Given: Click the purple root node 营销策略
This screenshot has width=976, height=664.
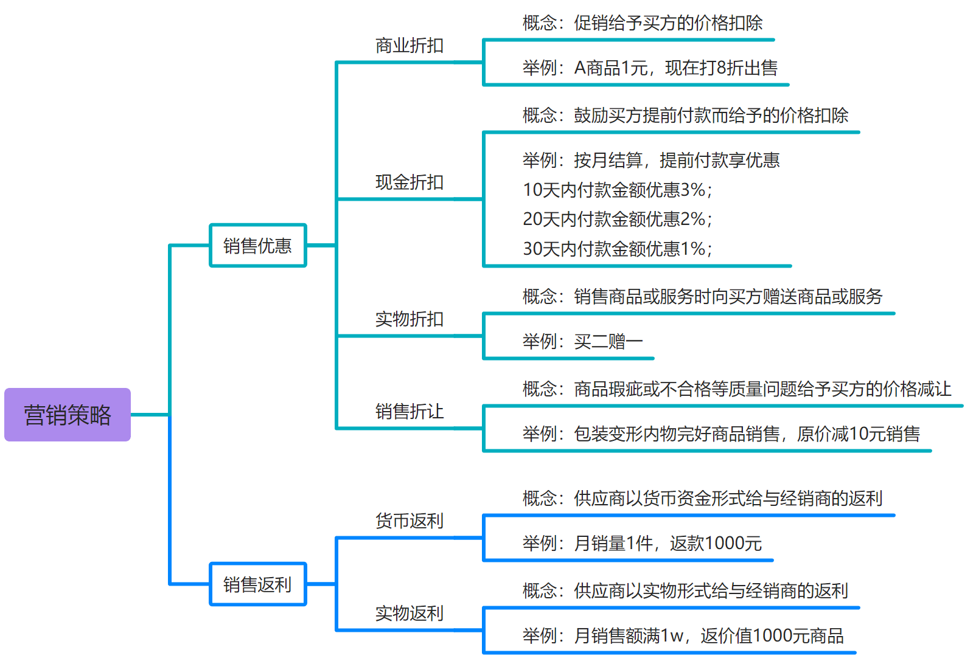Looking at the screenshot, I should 68,415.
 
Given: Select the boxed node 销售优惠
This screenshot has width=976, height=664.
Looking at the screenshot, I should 257,246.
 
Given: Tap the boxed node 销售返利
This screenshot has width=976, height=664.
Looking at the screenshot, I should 257,584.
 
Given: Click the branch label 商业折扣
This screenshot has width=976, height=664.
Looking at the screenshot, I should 409,46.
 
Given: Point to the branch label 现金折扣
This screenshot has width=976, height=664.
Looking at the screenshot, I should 409,182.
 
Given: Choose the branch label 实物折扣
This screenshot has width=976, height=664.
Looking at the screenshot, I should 409,319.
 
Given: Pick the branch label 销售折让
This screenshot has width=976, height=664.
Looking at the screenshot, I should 409,412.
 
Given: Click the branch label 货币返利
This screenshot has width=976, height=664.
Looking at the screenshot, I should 409,521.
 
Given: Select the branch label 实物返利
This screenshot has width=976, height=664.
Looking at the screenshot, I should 409,613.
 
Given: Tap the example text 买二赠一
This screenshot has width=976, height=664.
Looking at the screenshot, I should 582,342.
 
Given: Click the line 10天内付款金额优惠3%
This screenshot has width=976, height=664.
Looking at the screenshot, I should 617,190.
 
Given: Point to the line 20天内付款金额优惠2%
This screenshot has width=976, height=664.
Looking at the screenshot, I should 617,219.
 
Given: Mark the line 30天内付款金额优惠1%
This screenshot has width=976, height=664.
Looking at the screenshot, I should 617,249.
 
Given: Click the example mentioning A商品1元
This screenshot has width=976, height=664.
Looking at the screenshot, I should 650,67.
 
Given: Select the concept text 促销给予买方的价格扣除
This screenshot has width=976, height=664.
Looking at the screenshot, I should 643,23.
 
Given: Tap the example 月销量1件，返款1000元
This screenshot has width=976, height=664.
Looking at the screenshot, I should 642,543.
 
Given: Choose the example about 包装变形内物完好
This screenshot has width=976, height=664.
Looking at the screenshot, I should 721,434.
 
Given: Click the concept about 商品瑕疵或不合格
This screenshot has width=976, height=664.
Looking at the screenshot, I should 736,389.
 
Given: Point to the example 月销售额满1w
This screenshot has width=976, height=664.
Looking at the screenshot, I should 683,636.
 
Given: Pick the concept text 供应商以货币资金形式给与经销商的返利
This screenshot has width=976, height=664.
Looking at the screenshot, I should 702,499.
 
